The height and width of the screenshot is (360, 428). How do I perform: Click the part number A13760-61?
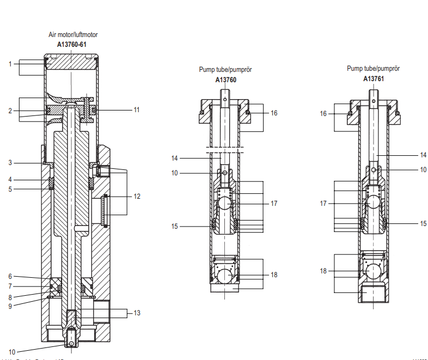click(72, 44)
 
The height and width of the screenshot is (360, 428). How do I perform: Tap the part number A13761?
click(374, 78)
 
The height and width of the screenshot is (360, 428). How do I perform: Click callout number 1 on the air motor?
click(10, 64)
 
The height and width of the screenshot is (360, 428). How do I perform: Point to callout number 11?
click(136, 109)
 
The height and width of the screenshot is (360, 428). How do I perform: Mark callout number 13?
click(136, 313)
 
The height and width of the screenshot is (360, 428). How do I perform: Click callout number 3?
click(10, 163)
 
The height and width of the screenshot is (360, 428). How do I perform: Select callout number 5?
click(10, 189)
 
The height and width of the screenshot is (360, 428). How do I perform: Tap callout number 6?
click(10, 276)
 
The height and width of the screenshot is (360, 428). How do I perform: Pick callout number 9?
click(10, 305)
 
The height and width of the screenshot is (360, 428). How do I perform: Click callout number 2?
click(10, 111)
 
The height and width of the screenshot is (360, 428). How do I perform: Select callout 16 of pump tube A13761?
click(323, 114)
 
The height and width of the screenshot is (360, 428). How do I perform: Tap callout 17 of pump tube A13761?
click(323, 203)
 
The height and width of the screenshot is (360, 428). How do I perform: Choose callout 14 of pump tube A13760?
click(175, 158)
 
